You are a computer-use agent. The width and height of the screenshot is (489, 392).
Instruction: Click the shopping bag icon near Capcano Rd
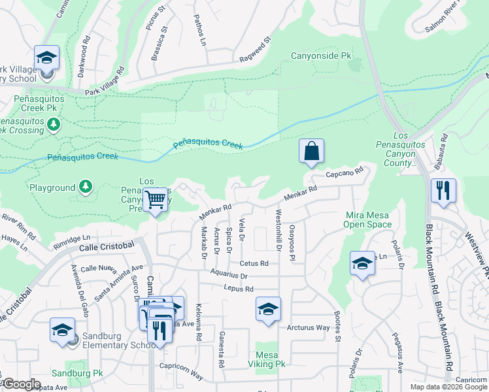tap(312, 151)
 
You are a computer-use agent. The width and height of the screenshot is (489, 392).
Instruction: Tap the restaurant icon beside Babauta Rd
tap(443, 191)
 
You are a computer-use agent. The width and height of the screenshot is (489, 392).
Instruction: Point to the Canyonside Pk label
tap(321, 56)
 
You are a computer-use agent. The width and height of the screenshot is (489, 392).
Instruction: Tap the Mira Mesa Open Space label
tap(369, 219)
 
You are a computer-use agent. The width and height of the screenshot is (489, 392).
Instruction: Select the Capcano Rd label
tap(344, 174)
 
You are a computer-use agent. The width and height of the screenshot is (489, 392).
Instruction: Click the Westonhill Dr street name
tap(278, 227)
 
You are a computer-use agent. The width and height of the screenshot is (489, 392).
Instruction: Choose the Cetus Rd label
tap(254, 263)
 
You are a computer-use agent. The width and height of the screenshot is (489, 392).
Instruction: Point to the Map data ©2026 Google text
tap(448, 387)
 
